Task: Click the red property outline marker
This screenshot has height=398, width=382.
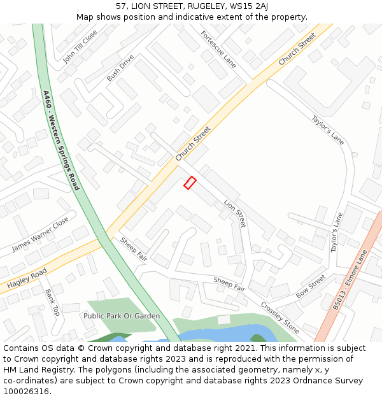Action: point(190,183)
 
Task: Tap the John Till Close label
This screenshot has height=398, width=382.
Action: point(80,46)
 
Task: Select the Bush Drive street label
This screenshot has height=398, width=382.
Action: point(120,68)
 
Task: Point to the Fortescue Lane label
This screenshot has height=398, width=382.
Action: point(218,49)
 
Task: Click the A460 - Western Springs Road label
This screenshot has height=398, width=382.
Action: point(61,140)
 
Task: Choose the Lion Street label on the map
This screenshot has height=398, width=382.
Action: point(235,214)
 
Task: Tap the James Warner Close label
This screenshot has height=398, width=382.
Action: point(40,234)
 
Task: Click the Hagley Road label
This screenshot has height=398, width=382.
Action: point(27,279)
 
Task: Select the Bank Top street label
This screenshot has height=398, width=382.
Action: point(52,303)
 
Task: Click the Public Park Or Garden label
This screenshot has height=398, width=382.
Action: point(122,316)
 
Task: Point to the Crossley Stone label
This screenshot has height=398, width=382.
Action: point(280,317)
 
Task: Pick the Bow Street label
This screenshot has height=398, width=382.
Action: point(311,287)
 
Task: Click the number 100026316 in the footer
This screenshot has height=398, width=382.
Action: point(26,391)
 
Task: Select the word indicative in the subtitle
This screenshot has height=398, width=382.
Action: point(194,17)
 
